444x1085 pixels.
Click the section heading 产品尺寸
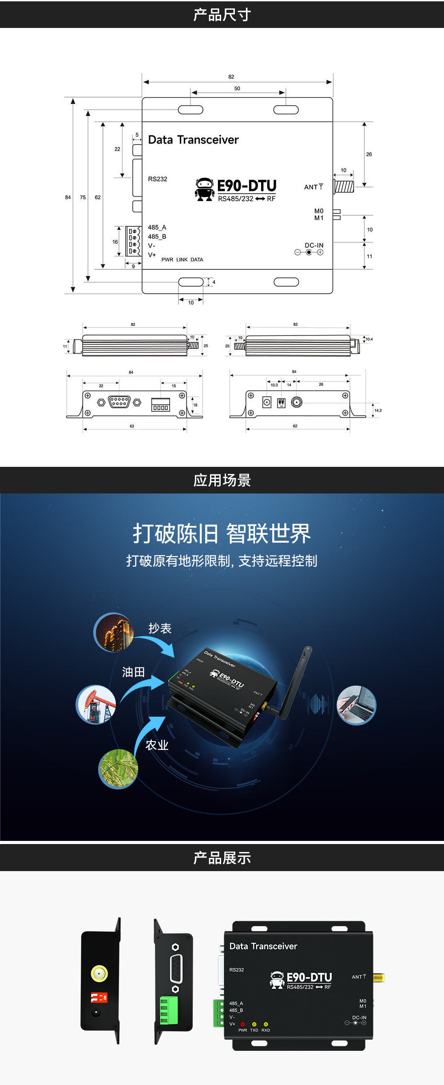222,15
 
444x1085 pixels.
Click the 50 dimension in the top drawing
237,88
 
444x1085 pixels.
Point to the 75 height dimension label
83,197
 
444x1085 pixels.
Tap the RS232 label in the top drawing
158,179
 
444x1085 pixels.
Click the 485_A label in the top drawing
157,227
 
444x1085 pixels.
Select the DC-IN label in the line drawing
314,245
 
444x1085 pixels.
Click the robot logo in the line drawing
204,189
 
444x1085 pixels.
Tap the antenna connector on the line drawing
344,186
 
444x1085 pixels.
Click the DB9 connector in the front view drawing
119,402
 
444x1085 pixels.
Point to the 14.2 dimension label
378,410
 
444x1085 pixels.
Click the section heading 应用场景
222,480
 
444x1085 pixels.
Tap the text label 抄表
160,628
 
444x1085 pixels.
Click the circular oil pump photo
96,705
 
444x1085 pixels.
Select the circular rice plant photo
118,769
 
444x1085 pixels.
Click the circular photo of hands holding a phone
356,705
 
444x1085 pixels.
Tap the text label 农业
157,745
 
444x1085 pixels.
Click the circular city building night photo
114,632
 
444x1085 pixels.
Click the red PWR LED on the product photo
243,1024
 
